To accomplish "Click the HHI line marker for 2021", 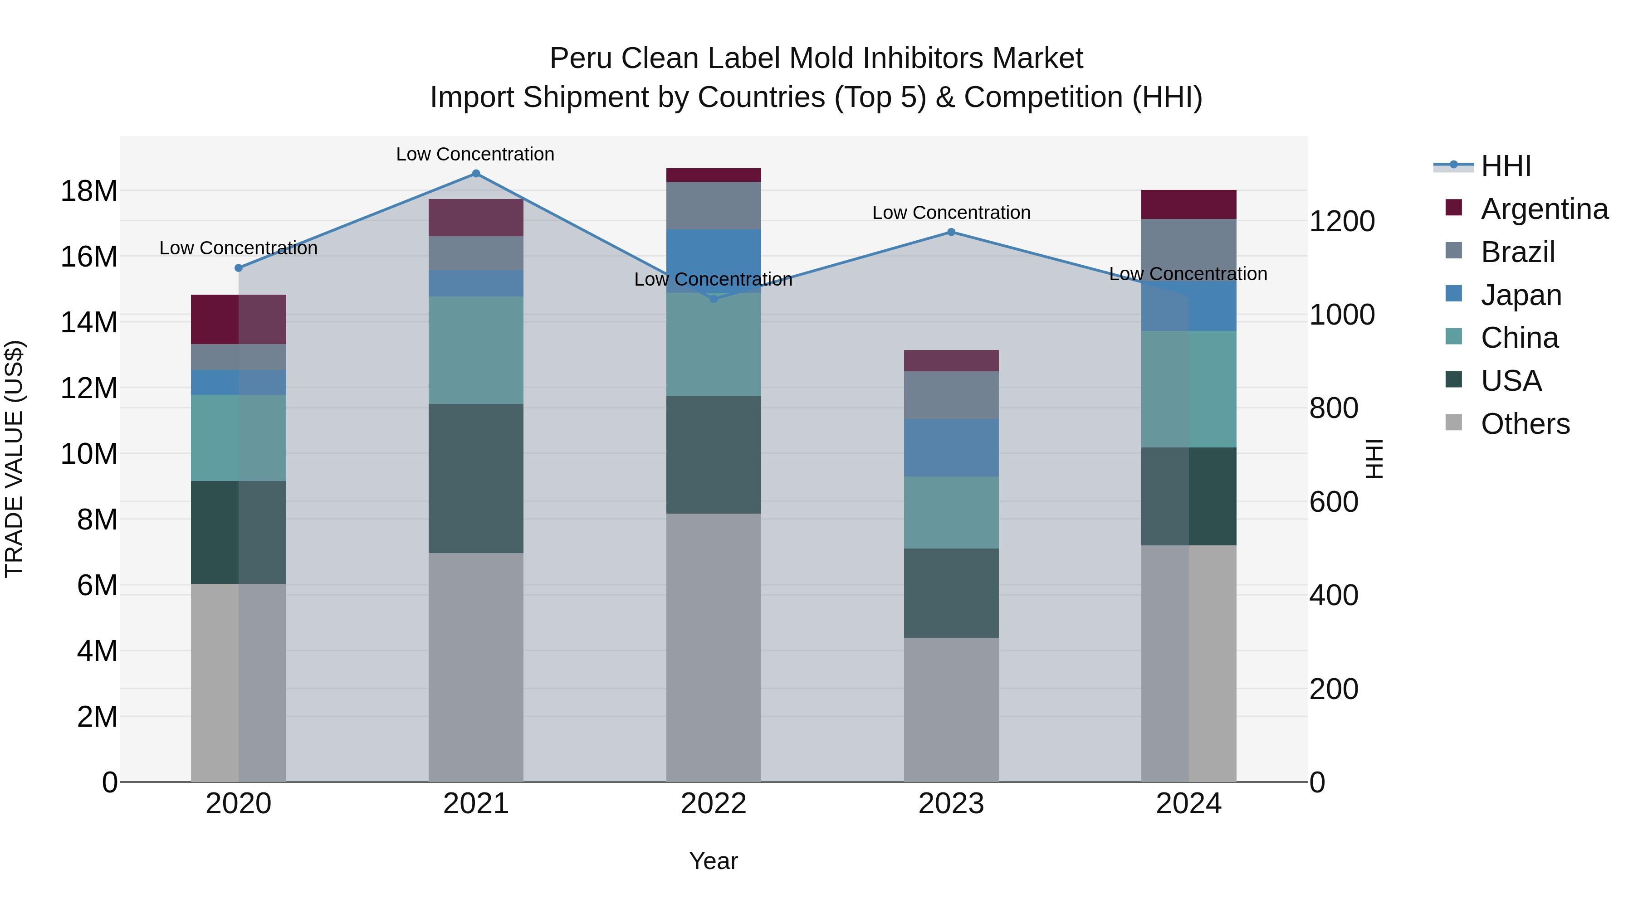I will [x=476, y=174].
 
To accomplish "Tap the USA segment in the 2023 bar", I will [x=951, y=593].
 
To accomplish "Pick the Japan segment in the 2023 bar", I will [x=951, y=447].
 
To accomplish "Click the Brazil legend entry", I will [x=1518, y=252].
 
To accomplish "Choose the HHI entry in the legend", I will [x=1506, y=166].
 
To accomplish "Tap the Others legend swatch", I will [x=1454, y=423].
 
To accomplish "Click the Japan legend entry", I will [x=1521, y=295].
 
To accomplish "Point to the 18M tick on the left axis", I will [x=89, y=191].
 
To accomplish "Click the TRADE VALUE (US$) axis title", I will [x=14, y=459].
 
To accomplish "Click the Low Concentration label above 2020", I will [x=238, y=248].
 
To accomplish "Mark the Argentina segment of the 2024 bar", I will [x=1188, y=204].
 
